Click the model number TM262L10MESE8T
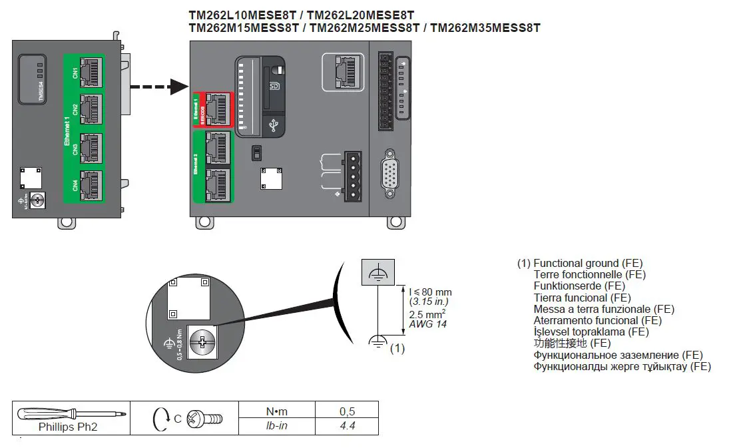tap(245, 15)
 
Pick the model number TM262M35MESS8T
tap(485, 28)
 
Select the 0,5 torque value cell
tap(346, 411)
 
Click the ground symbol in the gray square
tap(378, 272)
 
